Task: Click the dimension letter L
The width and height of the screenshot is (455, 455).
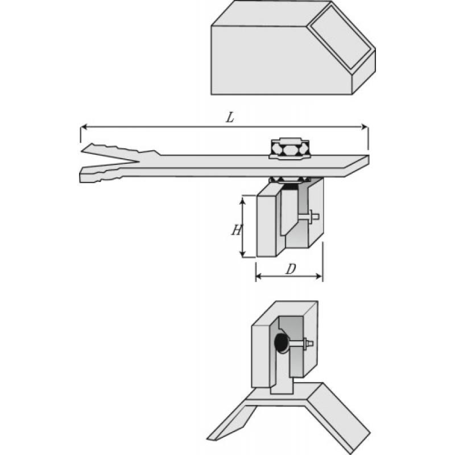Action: click(x=230, y=118)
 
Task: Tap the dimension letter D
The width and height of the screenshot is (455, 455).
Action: click(x=290, y=268)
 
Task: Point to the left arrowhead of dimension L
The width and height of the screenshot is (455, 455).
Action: click(x=83, y=126)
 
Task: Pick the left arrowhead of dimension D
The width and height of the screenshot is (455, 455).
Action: click(x=258, y=276)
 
